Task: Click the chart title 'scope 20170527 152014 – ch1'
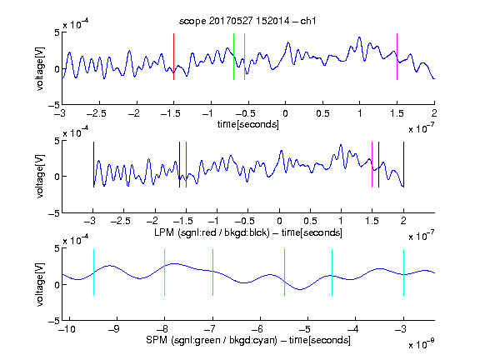point(247,21)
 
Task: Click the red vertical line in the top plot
point(173,57)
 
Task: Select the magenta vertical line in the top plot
point(397,57)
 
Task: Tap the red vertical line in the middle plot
point(186,165)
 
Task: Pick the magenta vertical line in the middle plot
point(372,165)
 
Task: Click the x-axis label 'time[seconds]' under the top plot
point(248,124)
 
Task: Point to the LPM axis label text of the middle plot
point(248,232)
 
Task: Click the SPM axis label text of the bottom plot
point(248,340)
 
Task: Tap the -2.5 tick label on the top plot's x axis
point(97,113)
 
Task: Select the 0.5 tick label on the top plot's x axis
point(322,113)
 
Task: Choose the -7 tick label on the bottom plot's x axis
point(210,329)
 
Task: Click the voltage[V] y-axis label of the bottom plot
point(40,284)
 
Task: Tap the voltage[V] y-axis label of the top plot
point(40,68)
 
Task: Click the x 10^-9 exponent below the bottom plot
point(422,344)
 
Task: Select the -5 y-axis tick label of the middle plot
point(54,213)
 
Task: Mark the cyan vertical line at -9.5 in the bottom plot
point(93,272)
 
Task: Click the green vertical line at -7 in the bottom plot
point(212,272)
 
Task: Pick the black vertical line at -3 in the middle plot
point(93,165)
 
